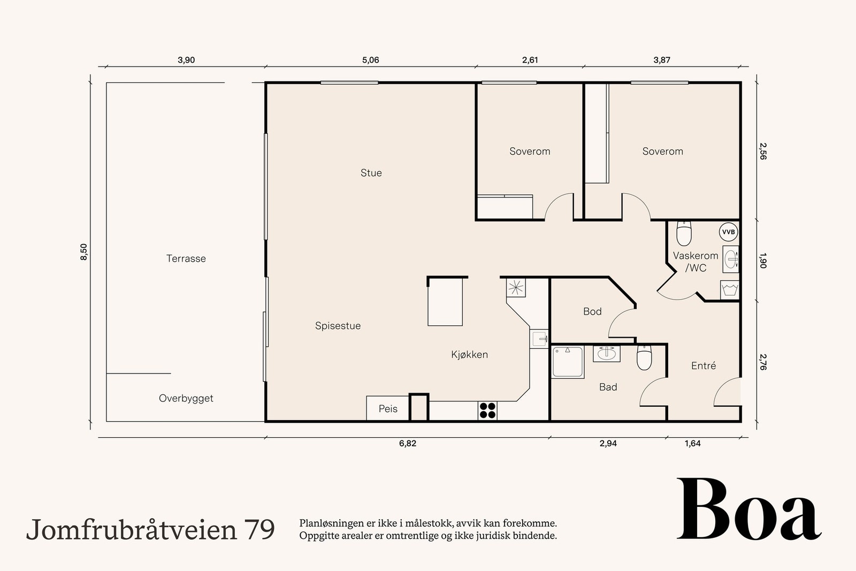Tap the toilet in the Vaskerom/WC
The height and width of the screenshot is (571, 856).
click(x=684, y=233)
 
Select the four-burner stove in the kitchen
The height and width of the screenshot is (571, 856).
click(x=487, y=410)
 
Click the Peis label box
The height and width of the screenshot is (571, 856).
click(x=388, y=409)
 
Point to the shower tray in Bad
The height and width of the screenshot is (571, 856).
click(x=568, y=362)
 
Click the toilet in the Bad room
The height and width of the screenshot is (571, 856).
click(x=644, y=358)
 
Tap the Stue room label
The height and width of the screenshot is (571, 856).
click(x=371, y=173)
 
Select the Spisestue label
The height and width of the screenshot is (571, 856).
click(x=338, y=326)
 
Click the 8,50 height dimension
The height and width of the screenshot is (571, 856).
click(x=83, y=252)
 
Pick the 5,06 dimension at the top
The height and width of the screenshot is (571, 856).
click(x=370, y=60)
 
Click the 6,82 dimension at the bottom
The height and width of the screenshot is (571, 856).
click(x=408, y=444)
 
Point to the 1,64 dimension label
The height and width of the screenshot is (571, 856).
click(x=692, y=444)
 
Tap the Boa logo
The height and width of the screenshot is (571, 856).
click(x=748, y=509)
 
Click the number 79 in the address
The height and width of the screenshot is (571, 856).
click(x=259, y=529)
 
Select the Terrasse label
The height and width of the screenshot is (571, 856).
click(x=186, y=258)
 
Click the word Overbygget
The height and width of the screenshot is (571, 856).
click(x=186, y=398)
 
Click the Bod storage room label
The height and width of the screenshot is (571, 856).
click(x=592, y=311)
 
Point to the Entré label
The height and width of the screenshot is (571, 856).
click(x=703, y=366)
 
